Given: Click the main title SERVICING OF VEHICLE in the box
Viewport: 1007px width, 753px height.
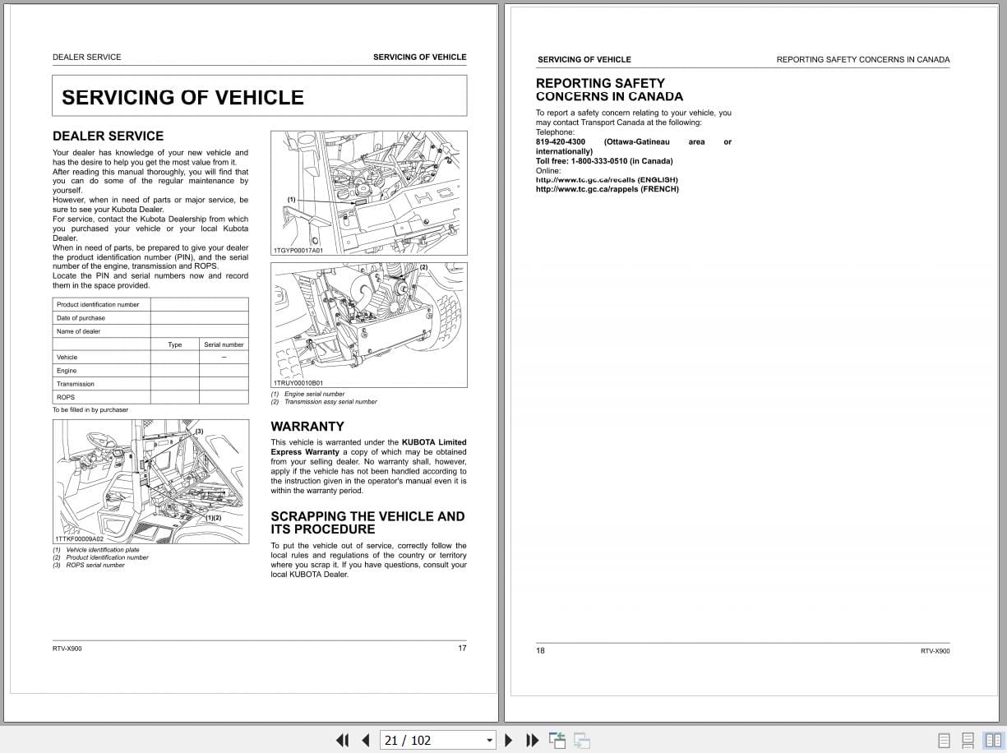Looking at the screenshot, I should [182, 97].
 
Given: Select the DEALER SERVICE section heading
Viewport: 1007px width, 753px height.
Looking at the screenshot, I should [108, 136].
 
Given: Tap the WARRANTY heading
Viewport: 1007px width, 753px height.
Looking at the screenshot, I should [307, 426].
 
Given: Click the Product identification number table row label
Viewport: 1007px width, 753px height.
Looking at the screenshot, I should [98, 304].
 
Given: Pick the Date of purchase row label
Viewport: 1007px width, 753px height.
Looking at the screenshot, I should [81, 317].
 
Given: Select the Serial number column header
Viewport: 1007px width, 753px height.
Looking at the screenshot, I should [224, 344].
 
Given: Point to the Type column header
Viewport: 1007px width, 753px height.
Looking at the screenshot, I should [175, 344].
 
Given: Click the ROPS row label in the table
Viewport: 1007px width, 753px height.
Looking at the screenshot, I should [66, 397].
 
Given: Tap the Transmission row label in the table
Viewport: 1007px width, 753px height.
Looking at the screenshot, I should [76, 384].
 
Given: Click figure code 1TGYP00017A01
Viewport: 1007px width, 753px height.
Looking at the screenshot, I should [298, 250].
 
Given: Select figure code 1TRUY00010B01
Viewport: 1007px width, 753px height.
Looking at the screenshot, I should [298, 382].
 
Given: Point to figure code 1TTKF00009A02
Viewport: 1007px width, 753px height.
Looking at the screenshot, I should [80, 539].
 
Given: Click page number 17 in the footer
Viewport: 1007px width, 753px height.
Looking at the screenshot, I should [462, 648].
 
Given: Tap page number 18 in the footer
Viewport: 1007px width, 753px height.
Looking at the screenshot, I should [540, 650].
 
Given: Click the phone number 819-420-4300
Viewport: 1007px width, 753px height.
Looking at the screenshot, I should [561, 141].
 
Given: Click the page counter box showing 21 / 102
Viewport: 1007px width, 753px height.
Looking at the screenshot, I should [437, 740].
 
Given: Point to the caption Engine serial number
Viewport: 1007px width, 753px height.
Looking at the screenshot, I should [315, 394].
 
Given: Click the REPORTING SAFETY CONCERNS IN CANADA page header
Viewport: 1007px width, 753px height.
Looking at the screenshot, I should [862, 59].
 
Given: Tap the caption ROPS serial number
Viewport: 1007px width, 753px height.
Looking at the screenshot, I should [95, 565].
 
